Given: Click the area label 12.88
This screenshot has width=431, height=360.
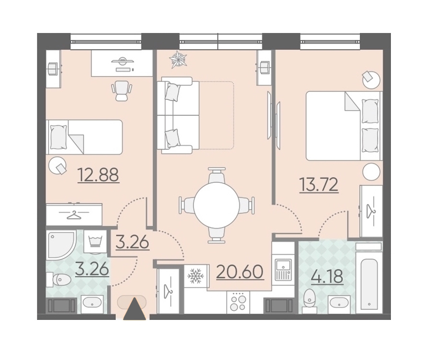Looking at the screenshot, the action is [x=98, y=175].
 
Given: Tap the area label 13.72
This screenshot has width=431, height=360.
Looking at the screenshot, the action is [x=319, y=185].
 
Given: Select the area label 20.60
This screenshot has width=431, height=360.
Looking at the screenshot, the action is [x=240, y=272].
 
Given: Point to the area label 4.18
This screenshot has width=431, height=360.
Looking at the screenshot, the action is [x=327, y=276].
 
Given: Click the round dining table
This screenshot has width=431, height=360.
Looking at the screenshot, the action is [x=216, y=205].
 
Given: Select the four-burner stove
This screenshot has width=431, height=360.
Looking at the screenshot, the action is [x=238, y=302].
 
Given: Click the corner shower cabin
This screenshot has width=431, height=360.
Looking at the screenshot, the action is [x=60, y=245].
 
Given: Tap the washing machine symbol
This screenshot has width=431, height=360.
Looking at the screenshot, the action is [x=96, y=241].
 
